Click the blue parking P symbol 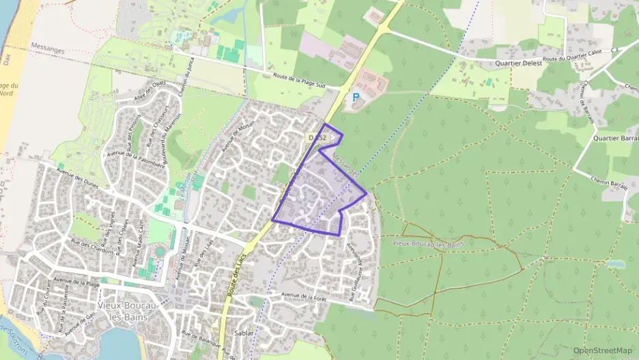pos(355,98)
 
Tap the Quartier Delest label pos(519,63)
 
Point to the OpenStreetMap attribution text pos(602,350)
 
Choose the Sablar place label pos(244,333)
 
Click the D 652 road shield pos(318,137)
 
